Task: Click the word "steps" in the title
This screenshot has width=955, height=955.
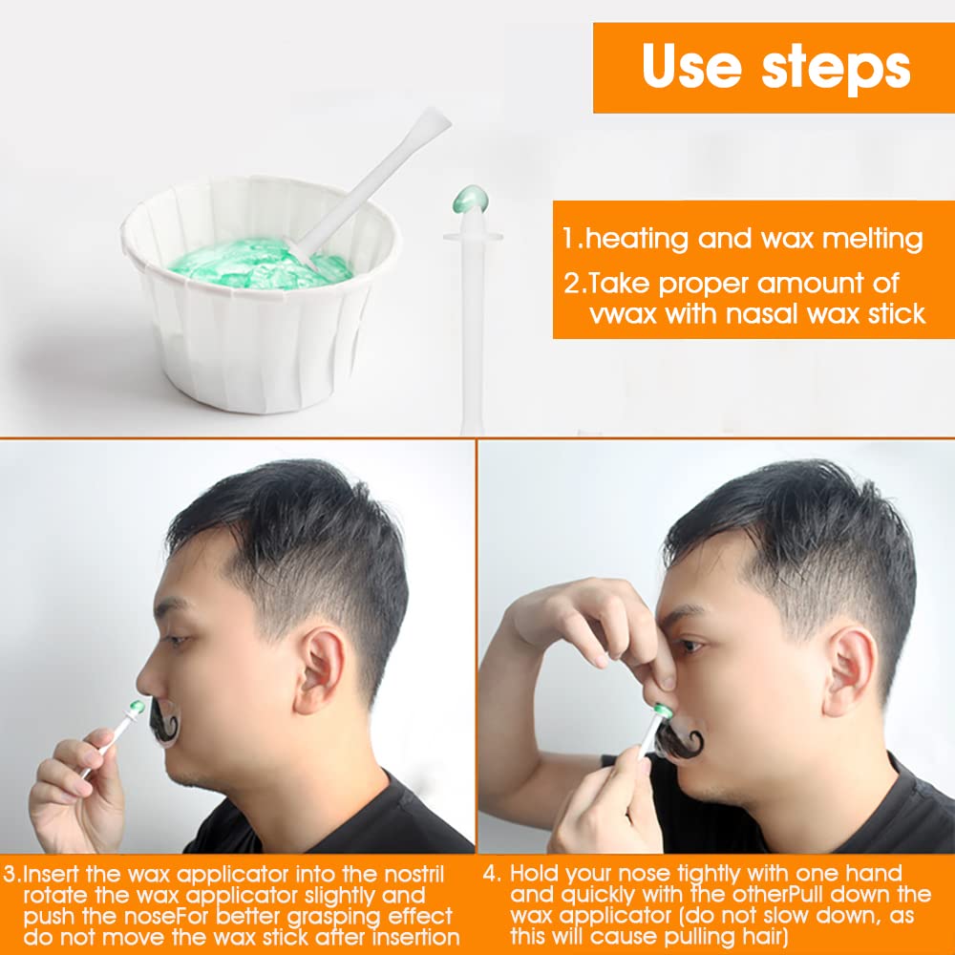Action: [x=837, y=68]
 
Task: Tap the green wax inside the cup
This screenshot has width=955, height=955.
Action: [x=259, y=264]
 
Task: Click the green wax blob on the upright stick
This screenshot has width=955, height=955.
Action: [x=470, y=199]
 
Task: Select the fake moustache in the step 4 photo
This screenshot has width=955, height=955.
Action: [x=680, y=739]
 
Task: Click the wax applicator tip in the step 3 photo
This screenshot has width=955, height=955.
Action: [x=137, y=707]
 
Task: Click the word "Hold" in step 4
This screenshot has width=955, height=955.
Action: [x=535, y=874]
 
